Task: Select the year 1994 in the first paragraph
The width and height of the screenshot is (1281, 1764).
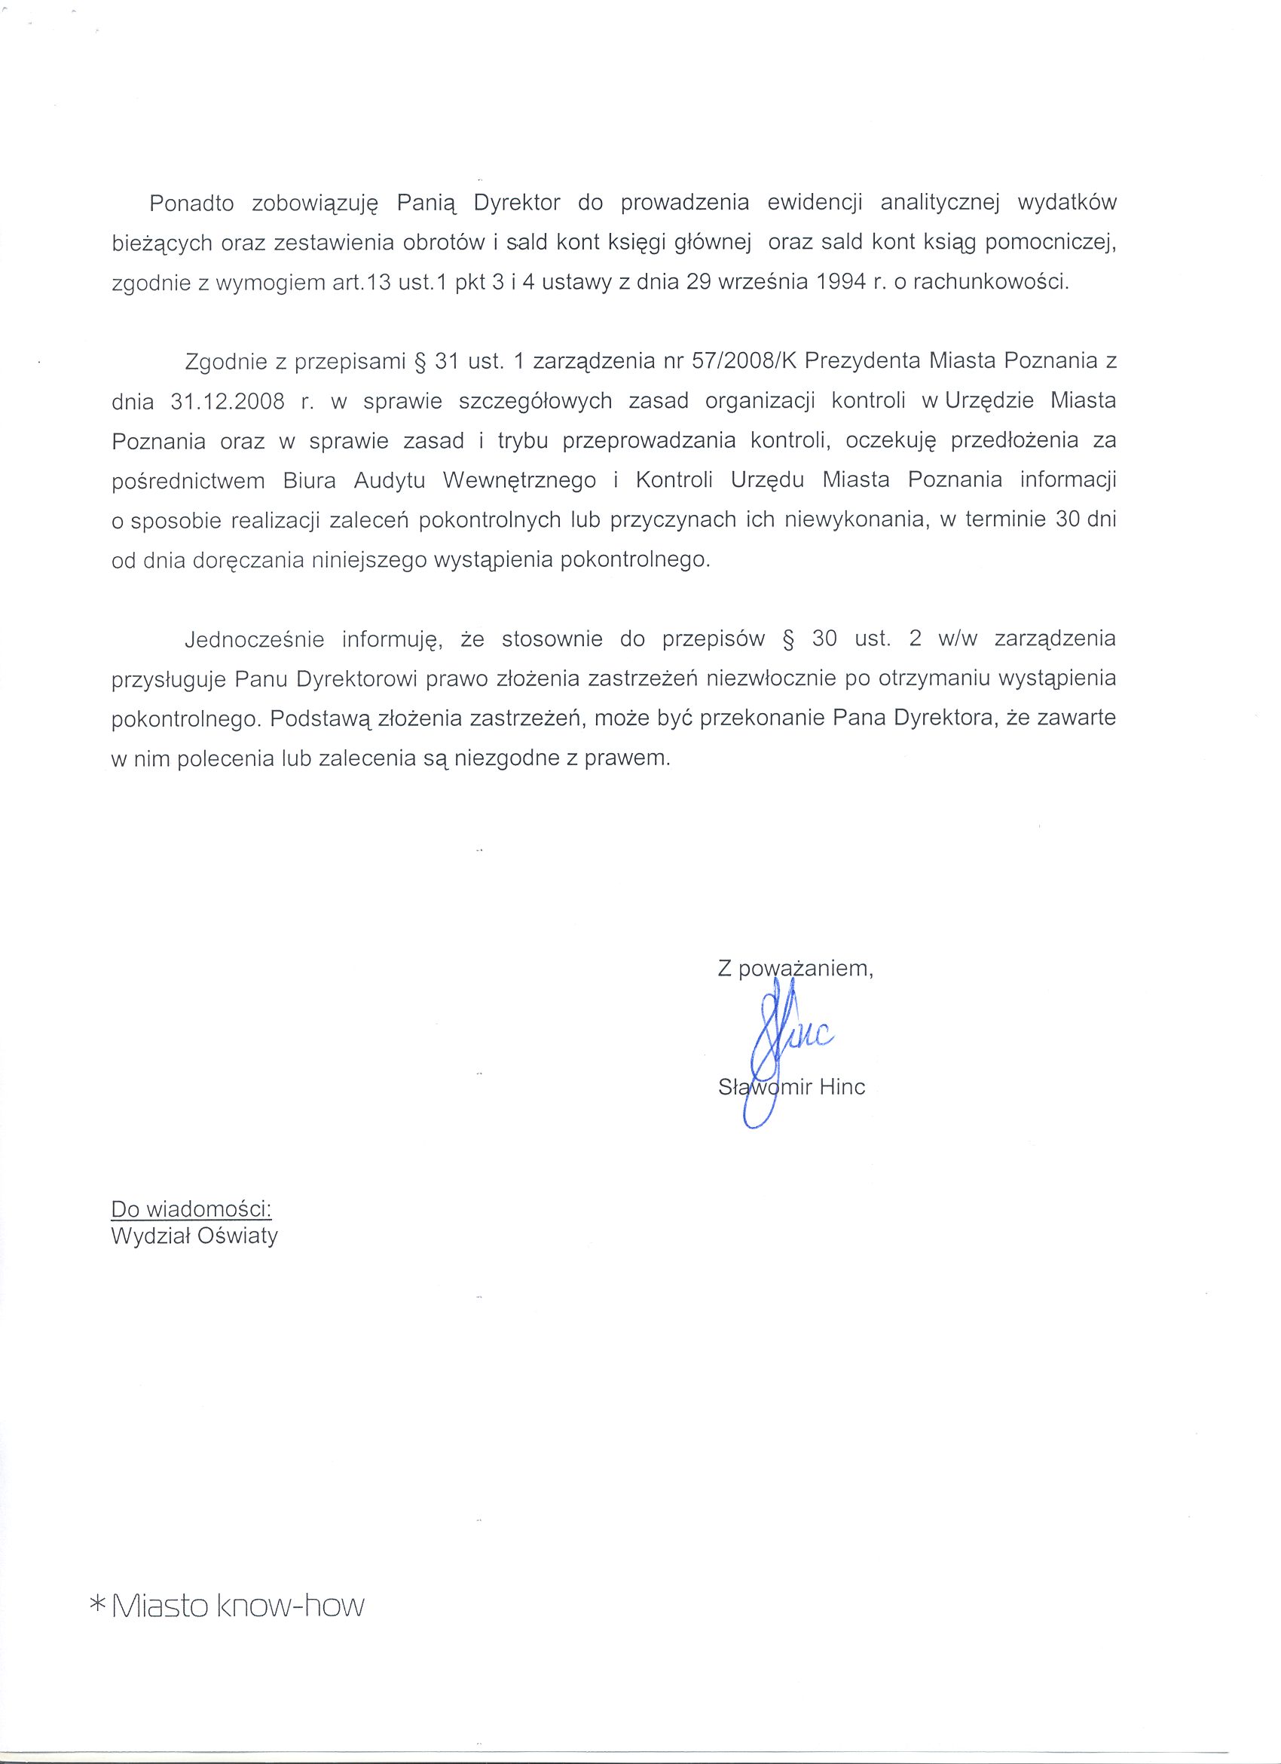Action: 842,283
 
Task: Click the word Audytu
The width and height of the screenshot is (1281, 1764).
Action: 390,481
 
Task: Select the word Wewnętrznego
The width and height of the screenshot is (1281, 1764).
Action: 519,481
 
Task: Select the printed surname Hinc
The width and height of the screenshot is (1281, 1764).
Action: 842,1086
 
